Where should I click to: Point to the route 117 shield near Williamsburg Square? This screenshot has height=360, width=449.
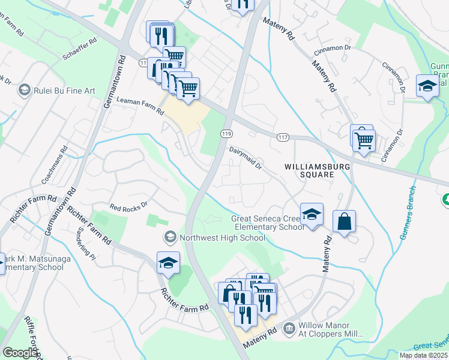coord(283,138)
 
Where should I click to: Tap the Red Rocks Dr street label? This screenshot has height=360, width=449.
coord(128,207)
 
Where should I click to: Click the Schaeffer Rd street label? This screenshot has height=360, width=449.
coord(79,50)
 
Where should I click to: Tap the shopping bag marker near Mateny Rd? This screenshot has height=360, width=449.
coord(345,221)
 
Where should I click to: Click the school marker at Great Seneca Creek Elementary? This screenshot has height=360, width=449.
coord(312,214)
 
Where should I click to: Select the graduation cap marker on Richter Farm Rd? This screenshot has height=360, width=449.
coord(168,263)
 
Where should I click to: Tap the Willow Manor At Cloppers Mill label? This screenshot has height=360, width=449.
coord(336,333)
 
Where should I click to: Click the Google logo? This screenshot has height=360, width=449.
coord(20,353)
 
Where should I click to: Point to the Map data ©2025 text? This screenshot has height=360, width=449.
coord(423,355)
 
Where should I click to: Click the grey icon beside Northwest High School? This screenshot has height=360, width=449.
coord(170,238)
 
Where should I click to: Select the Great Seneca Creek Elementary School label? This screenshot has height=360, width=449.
coord(268,223)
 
